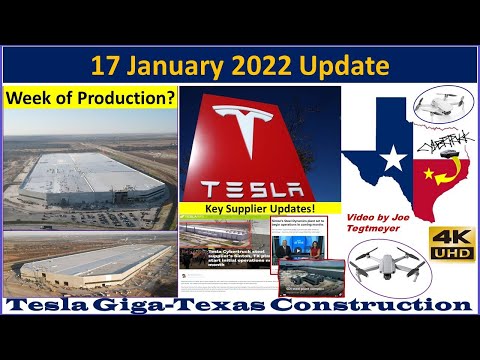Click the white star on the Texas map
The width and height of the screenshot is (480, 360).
click(395, 158)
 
